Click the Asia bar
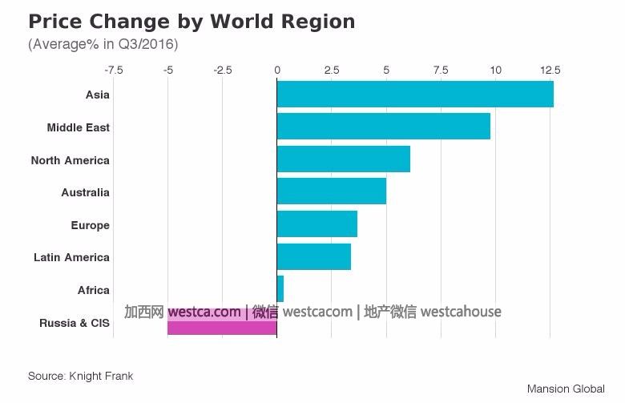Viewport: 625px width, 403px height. click(x=415, y=95)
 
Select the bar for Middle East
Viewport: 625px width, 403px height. click(x=383, y=127)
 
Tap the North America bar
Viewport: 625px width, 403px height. click(x=343, y=159)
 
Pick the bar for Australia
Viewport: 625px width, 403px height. click(x=331, y=191)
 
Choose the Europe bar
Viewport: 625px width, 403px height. click(x=317, y=224)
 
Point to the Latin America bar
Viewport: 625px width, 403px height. click(x=313, y=256)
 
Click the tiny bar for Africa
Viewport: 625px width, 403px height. click(x=280, y=288)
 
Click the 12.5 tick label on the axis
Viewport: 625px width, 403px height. click(x=550, y=71)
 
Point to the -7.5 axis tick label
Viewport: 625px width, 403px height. click(x=113, y=71)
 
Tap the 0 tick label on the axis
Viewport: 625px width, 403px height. click(x=277, y=71)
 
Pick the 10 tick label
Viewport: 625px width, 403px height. click(x=495, y=71)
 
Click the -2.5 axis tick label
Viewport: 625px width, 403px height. click(x=222, y=71)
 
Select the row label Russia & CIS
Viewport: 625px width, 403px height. click(x=75, y=323)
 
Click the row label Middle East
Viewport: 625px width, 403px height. click(x=79, y=127)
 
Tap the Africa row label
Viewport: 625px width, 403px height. click(x=94, y=290)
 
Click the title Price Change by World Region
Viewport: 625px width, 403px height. click(x=192, y=22)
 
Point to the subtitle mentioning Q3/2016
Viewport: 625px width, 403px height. click(x=103, y=44)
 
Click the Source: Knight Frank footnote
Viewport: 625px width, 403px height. click(x=80, y=376)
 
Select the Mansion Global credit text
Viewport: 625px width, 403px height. click(x=566, y=389)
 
